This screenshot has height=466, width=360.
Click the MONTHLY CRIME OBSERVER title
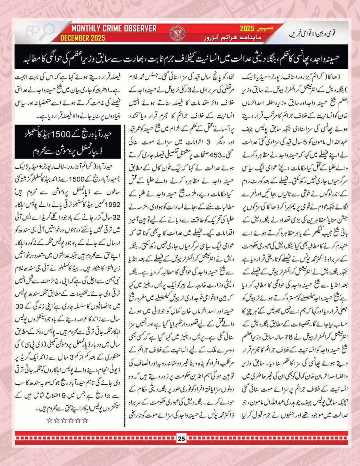tap(114, 29)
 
